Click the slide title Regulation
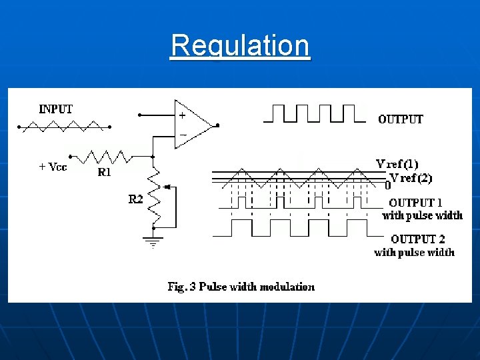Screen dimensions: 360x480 (x=240, y=46)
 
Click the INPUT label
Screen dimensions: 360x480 (x=56, y=109)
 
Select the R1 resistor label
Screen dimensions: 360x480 (x=105, y=172)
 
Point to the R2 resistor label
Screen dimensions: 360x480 (x=135, y=199)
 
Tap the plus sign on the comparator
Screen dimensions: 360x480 (x=182, y=115)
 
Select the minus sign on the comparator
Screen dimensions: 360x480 (x=182, y=135)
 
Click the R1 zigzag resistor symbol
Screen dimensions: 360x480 (x=107, y=157)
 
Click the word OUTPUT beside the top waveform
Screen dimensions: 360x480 (x=401, y=120)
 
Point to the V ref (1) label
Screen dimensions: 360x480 (x=397, y=164)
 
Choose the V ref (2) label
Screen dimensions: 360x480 (x=411, y=177)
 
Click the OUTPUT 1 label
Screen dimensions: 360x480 (x=421, y=203)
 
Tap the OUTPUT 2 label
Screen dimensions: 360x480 (x=423, y=239)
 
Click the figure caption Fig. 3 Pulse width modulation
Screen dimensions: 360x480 (x=241, y=287)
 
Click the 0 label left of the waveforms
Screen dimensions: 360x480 (x=387, y=186)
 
